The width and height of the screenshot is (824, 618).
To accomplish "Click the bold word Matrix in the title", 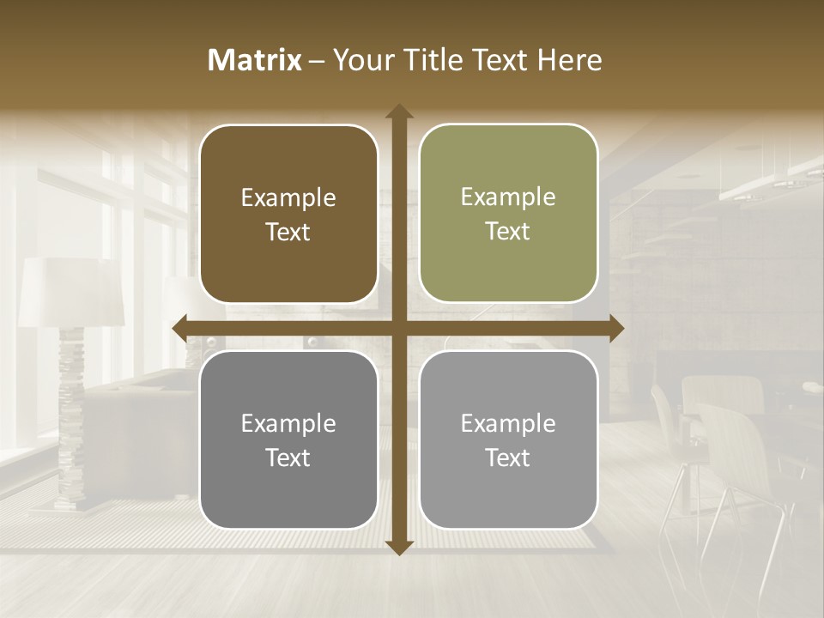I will [x=255, y=60].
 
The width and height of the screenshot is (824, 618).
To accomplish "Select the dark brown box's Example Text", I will [x=288, y=215].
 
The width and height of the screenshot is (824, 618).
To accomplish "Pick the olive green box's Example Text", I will [x=508, y=214].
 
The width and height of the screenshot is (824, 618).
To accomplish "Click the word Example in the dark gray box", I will [x=288, y=423].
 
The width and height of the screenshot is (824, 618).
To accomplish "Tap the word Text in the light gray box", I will [x=508, y=457].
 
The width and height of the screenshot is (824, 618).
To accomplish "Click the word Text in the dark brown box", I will [x=288, y=232].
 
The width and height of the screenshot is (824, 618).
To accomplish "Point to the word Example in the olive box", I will [x=508, y=197].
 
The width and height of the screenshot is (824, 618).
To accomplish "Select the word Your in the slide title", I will [x=360, y=60].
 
